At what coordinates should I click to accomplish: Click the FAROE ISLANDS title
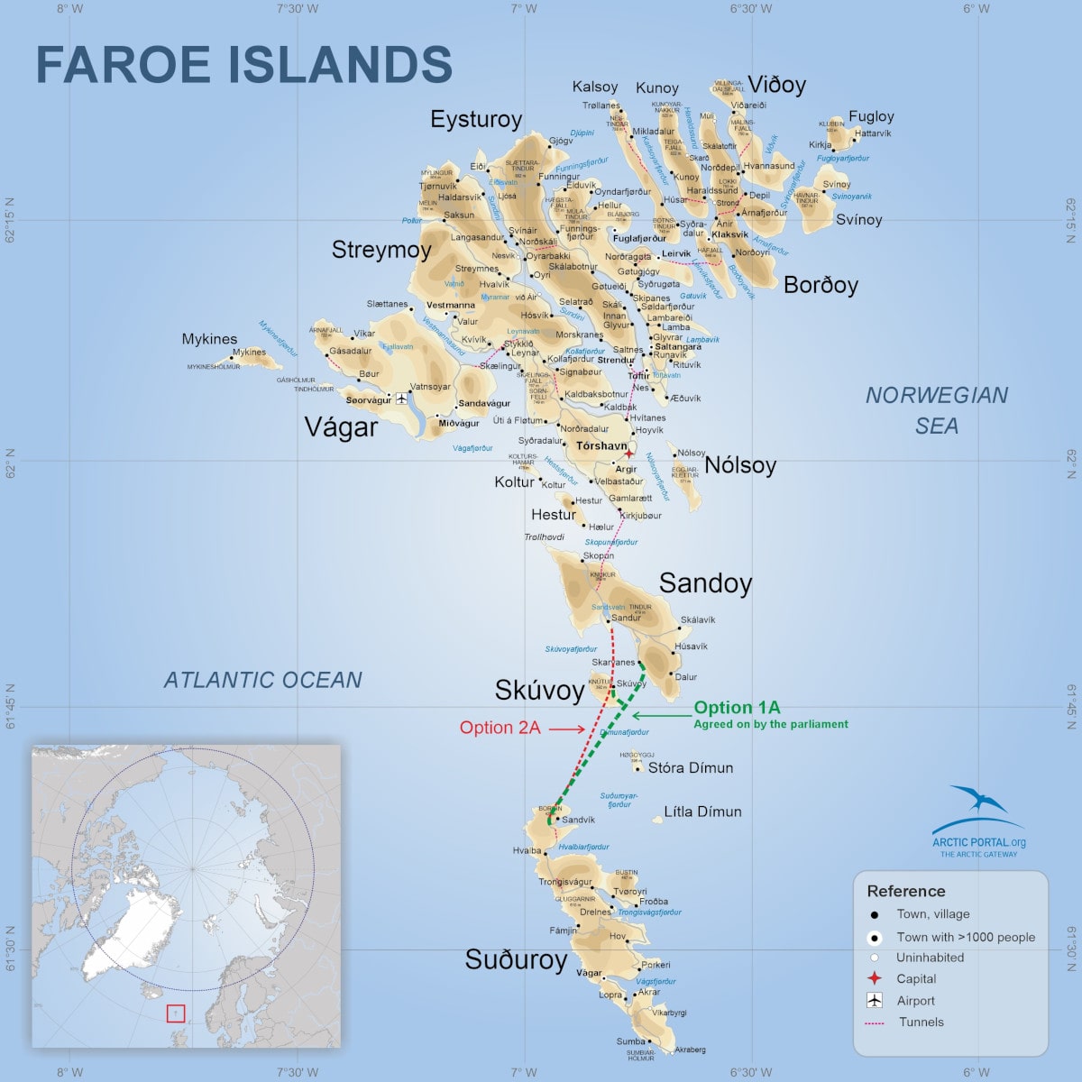point(243,65)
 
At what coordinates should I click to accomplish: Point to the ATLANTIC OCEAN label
point(262,680)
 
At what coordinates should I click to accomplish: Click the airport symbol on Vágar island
point(401,398)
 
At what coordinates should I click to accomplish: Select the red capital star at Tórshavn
point(628,454)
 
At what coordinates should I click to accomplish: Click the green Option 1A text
point(737,708)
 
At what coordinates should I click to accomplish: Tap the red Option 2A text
point(500,728)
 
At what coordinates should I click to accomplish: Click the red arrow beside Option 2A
point(567,729)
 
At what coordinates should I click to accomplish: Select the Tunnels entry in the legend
point(921,1022)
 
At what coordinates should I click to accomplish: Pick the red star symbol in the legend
point(874,978)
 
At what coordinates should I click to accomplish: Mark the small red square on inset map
point(175,1013)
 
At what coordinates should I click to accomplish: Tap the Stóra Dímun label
point(690,768)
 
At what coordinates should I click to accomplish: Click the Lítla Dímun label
point(702,811)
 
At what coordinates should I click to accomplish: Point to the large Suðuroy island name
point(516,960)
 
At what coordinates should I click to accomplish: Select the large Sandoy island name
point(705,583)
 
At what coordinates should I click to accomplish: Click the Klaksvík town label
point(729,234)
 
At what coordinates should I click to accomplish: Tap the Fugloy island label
point(871,116)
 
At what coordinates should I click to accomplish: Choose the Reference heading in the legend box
point(905,891)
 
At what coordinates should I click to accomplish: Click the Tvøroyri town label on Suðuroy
point(630,892)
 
